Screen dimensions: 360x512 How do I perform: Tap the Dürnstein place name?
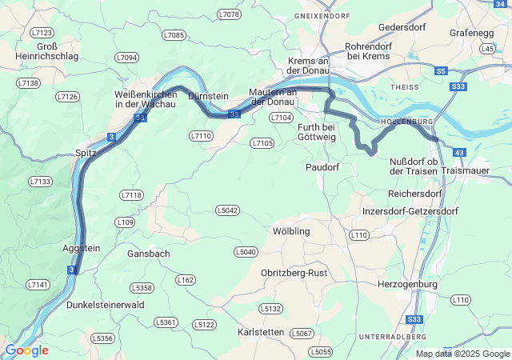(x=209, y=96)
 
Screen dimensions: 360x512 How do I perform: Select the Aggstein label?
(x=82, y=248)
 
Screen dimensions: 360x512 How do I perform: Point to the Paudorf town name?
(x=323, y=167)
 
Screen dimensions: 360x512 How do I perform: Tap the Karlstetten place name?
(x=262, y=331)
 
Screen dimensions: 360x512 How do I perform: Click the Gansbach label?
(x=148, y=254)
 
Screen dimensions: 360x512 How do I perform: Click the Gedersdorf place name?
(x=402, y=27)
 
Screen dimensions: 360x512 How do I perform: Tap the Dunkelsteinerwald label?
(x=106, y=304)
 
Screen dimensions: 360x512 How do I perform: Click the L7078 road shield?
(x=229, y=14)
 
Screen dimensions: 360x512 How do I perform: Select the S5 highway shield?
(x=441, y=71)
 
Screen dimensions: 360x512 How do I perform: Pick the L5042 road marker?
(x=227, y=210)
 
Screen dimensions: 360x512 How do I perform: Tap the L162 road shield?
(x=185, y=279)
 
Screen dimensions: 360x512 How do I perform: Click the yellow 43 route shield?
(x=458, y=152)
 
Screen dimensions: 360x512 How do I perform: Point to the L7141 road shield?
(x=38, y=284)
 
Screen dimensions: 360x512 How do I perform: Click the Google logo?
(x=26, y=350)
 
